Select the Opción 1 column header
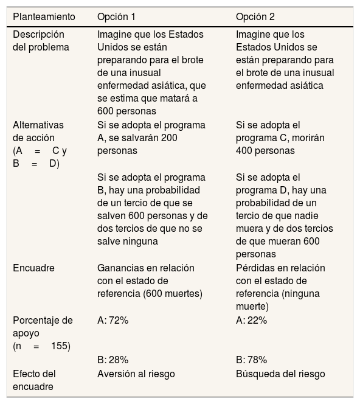pos(117,16)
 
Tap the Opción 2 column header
pos(256,16)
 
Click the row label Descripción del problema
pos(41,41)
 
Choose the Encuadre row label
pos(33,268)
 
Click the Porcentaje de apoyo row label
pos(43,326)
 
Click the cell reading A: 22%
pos(251,321)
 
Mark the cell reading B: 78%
pos(251,360)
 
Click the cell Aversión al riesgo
pos(139,374)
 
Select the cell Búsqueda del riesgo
pos(280,374)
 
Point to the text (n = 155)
pos(41,346)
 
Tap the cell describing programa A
pos(151,138)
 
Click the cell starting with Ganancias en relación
pos(150,281)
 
